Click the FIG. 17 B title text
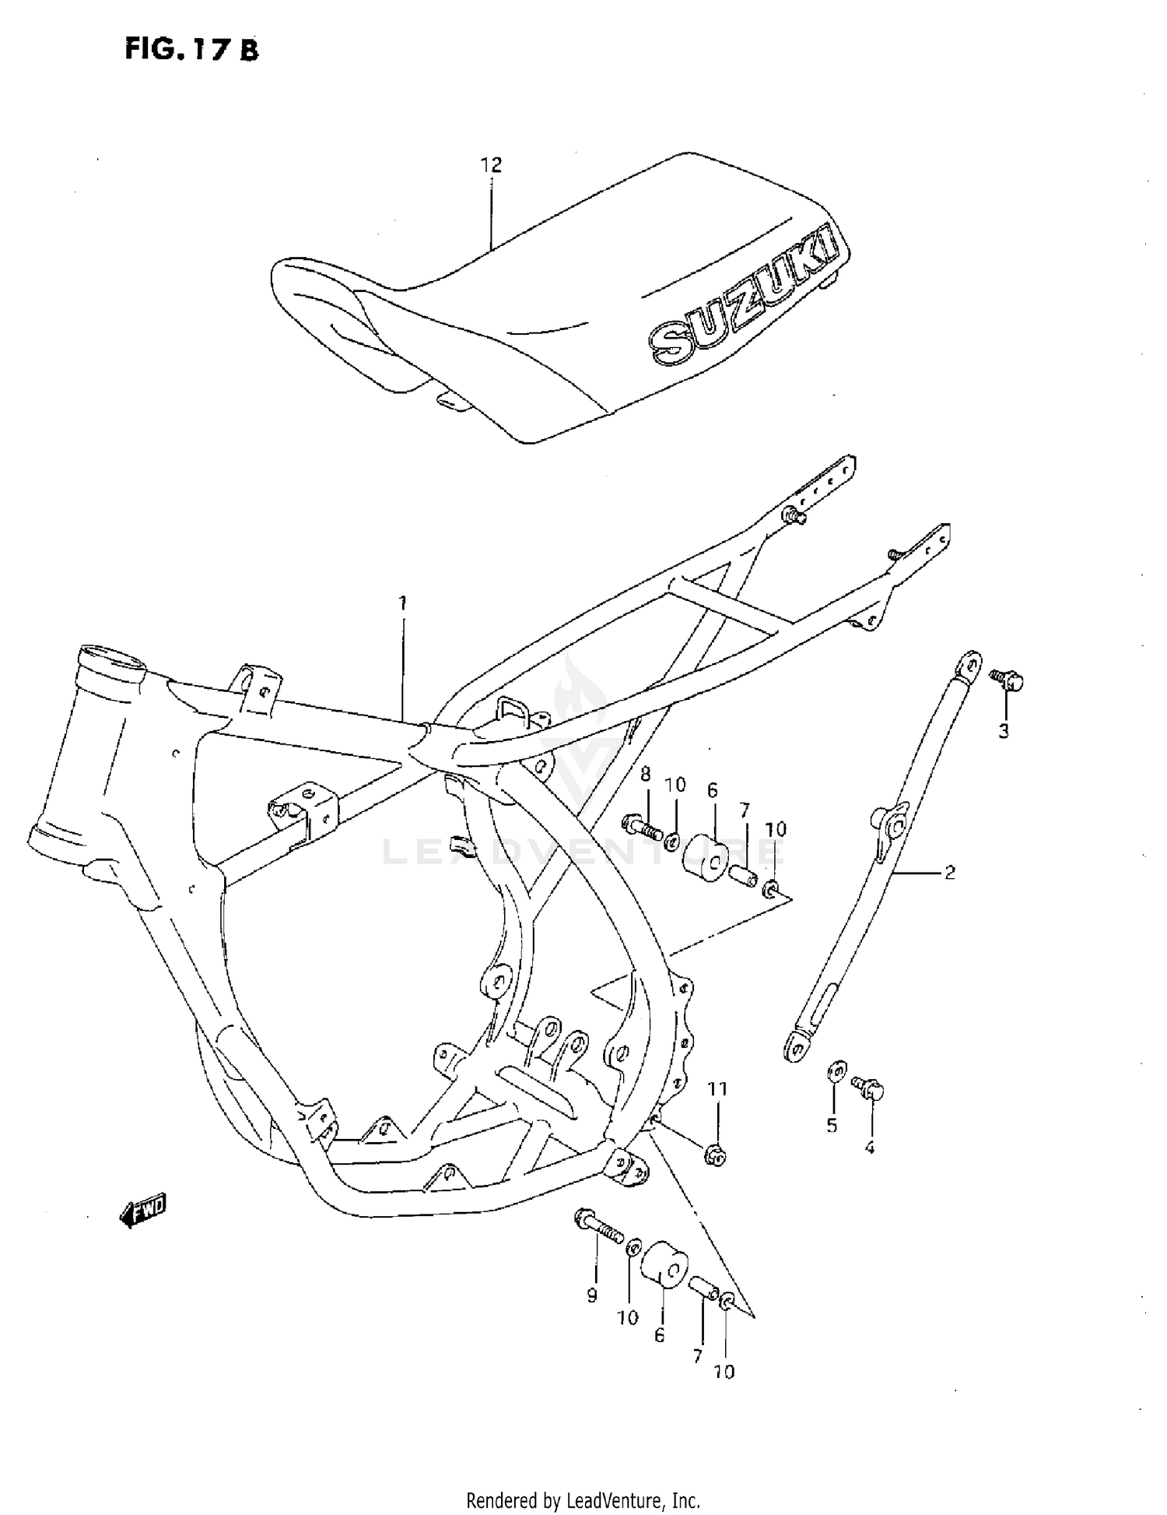tap(191, 49)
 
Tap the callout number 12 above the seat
tap(491, 165)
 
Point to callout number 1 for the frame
tap(402, 603)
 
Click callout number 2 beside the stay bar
tap(949, 873)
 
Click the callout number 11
tap(717, 1089)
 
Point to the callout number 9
tap(592, 1295)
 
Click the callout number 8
tap(645, 774)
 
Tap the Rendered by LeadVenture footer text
tap(583, 1499)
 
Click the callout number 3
tap(1004, 731)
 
